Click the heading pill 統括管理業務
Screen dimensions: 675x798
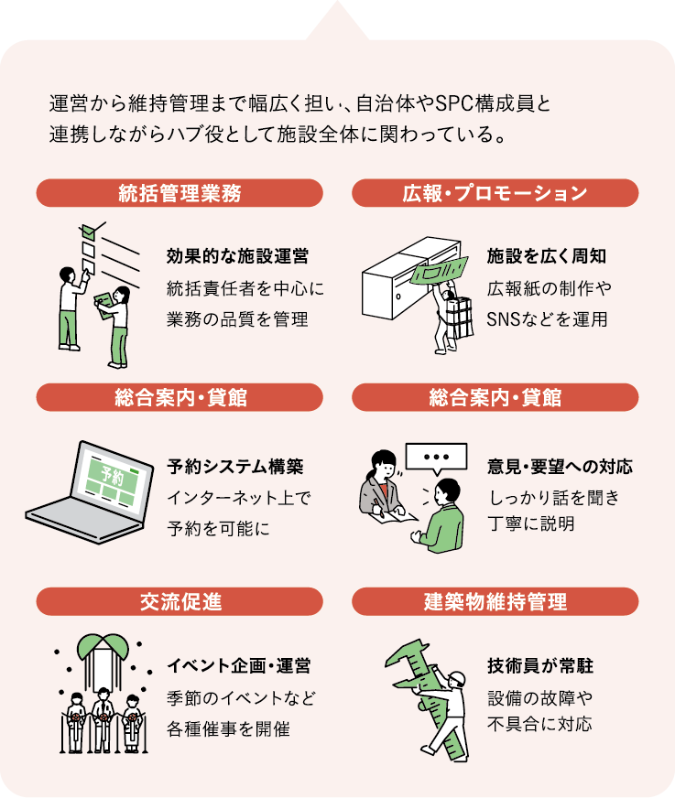point(180,193)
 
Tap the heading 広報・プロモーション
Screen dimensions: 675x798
point(495,193)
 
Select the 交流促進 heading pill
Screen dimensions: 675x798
point(180,601)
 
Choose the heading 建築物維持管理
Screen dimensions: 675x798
point(495,601)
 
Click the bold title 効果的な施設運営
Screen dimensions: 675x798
point(237,256)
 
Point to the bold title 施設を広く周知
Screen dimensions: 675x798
point(546,256)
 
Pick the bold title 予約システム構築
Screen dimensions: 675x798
point(235,466)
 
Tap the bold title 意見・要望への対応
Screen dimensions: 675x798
point(560,466)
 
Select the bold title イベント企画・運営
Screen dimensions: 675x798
point(238,665)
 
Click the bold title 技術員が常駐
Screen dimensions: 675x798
point(540,665)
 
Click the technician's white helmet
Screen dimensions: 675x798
point(456,678)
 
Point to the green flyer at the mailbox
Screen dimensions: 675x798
point(439,271)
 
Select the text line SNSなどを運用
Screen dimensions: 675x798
point(547,319)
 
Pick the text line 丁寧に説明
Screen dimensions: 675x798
point(531,523)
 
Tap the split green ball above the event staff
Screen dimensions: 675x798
point(103,645)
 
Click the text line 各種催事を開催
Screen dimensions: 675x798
point(228,728)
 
